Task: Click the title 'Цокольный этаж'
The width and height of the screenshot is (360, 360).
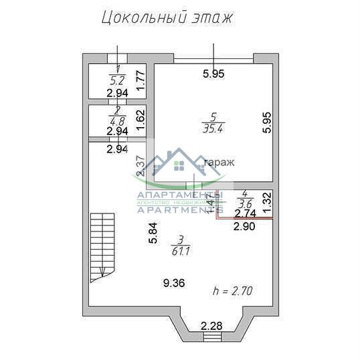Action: [167, 17]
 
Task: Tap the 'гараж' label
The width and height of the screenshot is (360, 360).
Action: [219, 162]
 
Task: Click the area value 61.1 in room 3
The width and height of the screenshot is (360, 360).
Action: [179, 251]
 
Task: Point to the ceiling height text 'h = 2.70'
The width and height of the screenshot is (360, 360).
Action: [232, 290]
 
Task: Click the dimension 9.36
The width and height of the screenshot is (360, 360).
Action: [174, 283]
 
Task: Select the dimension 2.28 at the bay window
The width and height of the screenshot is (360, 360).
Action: [212, 327]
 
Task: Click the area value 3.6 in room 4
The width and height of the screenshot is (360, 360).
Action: [245, 203]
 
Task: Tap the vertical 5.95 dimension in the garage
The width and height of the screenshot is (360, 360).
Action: [266, 122]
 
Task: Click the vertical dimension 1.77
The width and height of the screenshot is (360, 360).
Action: [140, 81]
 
